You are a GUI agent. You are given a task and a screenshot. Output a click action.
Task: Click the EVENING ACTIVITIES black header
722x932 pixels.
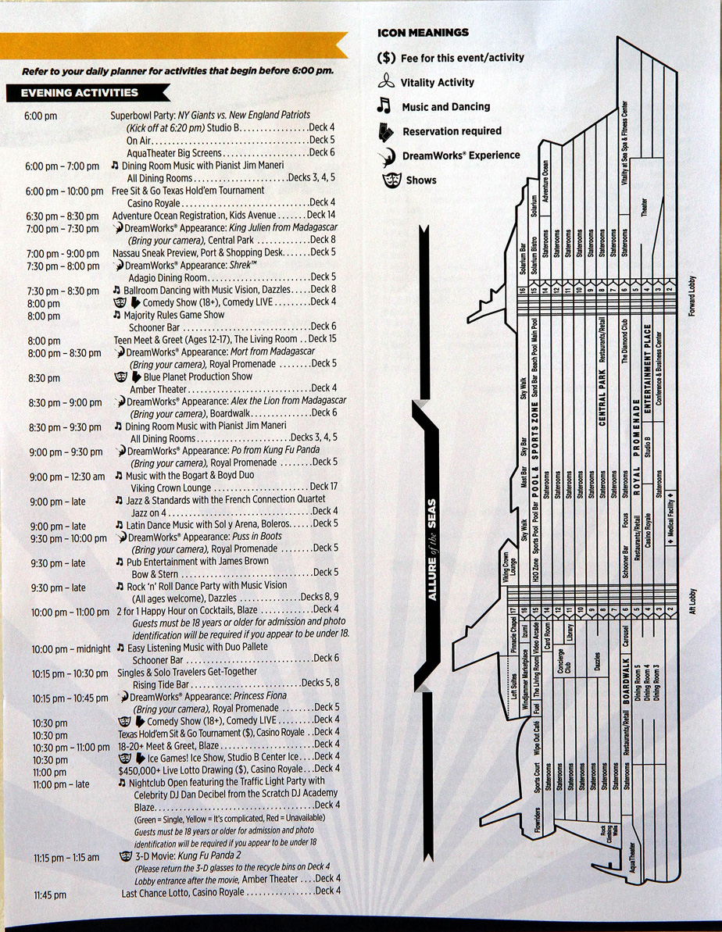tap(80, 93)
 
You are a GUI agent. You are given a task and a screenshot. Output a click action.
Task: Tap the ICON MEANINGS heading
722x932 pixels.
tap(423, 33)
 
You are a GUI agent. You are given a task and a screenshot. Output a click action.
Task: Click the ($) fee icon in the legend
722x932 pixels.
tap(387, 57)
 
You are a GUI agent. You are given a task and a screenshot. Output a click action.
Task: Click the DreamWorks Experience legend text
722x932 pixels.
tap(460, 155)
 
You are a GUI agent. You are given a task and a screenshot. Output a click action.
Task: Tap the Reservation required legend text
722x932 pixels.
tap(452, 130)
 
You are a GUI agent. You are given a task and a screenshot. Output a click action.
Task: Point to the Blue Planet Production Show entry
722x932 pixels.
tap(198, 377)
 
